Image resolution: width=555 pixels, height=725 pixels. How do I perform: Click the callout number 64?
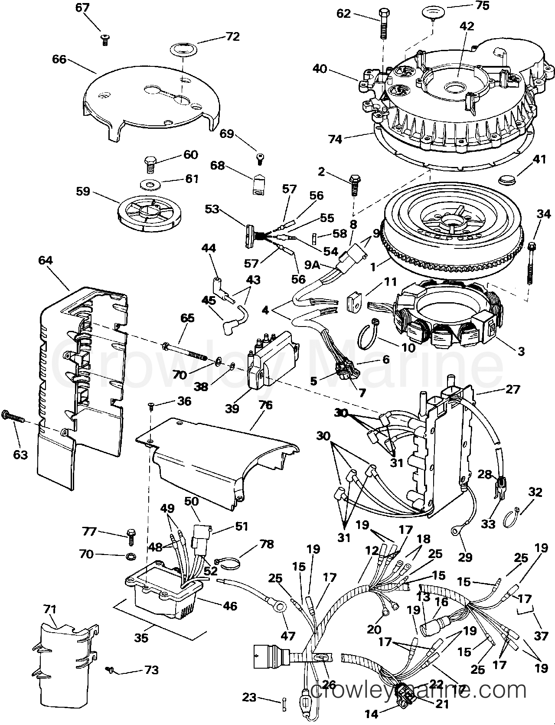tap(45, 260)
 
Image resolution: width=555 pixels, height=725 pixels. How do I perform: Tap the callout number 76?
tap(265, 405)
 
